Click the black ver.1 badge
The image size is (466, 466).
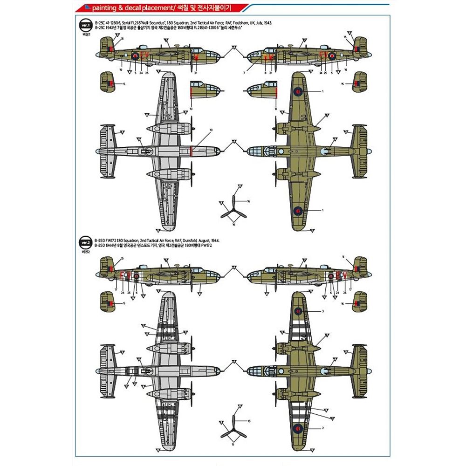click(x=85, y=24)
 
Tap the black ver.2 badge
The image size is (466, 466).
click(x=85, y=242)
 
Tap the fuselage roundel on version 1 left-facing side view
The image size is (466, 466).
click(x=135, y=55)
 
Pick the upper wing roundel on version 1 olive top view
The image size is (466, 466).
click(x=296, y=91)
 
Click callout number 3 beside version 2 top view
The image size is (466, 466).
click(x=322, y=311)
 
